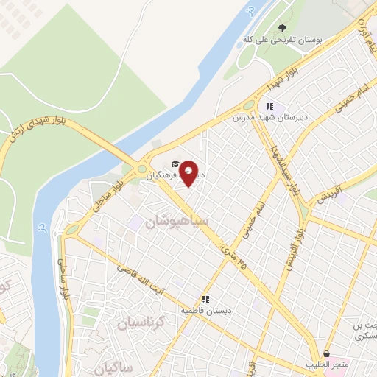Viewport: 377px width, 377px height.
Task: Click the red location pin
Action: [189, 172]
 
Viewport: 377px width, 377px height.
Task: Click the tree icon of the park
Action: [281, 29]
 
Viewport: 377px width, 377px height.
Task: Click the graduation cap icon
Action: [175, 164]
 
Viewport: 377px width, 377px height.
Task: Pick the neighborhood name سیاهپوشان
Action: [177, 220]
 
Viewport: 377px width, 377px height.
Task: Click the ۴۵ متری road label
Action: [235, 259]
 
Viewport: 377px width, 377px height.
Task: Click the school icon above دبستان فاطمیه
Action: [208, 300]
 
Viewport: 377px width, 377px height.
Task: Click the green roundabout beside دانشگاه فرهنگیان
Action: [141, 170]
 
